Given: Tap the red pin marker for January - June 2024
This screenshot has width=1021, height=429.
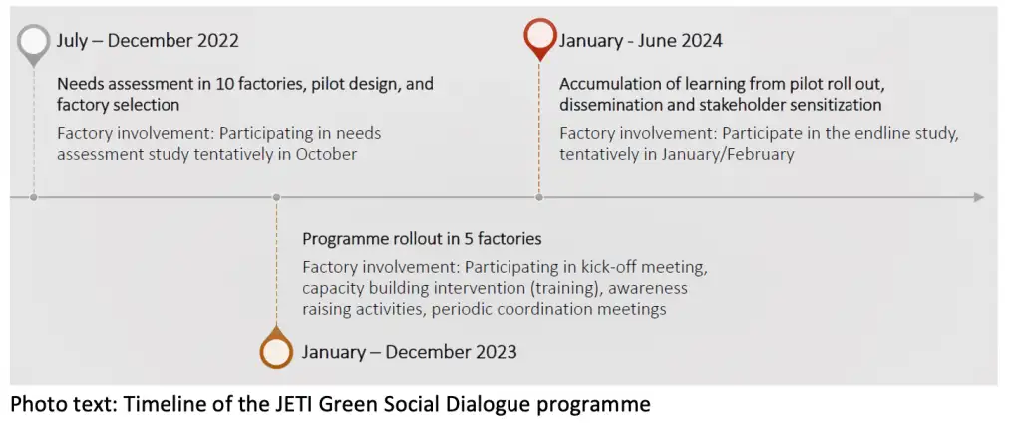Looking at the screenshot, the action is (x=539, y=39).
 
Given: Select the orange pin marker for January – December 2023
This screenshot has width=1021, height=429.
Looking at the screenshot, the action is (x=276, y=349).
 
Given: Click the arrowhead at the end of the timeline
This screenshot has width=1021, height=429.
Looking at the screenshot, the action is (x=979, y=197).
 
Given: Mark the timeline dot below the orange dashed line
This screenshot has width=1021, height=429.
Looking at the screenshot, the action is (x=276, y=197).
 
